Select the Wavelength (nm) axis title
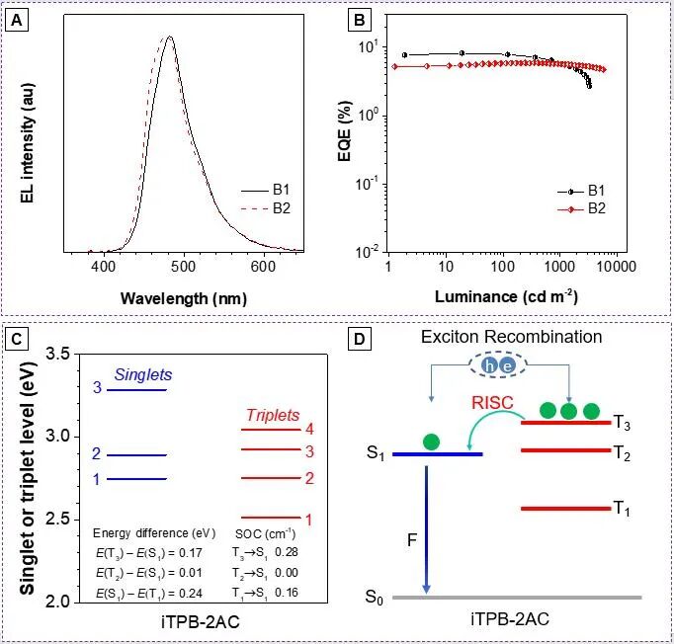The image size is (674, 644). [x=184, y=296]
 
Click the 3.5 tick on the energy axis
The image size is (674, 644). [x=58, y=354]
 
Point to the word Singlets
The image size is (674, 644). [x=143, y=375]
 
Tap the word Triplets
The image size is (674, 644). [x=272, y=416]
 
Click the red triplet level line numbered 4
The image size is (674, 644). [x=269, y=430]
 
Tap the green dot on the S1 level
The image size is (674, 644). [x=430, y=442]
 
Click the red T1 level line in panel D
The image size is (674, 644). [x=561, y=509]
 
